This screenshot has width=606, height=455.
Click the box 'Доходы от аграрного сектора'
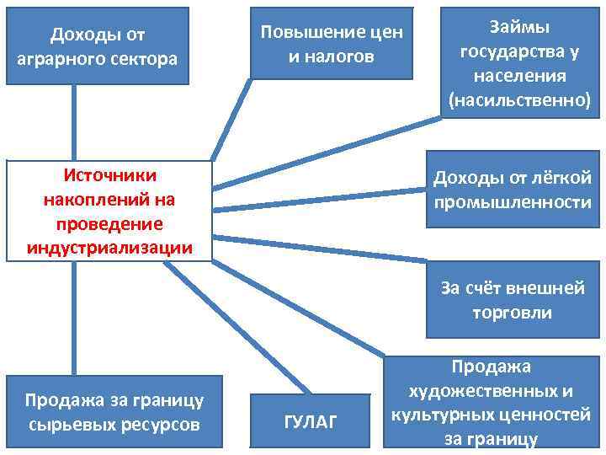(x=98, y=45)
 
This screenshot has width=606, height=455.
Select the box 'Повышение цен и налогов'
(x=332, y=44)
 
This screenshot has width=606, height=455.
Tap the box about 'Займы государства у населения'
(x=519, y=64)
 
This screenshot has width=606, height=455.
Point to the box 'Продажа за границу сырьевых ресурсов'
(x=114, y=411)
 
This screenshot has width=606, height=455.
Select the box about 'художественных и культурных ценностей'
(x=492, y=403)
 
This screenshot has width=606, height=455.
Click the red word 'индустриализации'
(x=109, y=248)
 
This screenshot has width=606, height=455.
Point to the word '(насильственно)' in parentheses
(x=519, y=100)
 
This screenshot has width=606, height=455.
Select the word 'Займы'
(x=519, y=28)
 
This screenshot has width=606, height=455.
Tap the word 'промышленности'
(x=513, y=203)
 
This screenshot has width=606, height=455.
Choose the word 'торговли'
(x=513, y=313)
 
